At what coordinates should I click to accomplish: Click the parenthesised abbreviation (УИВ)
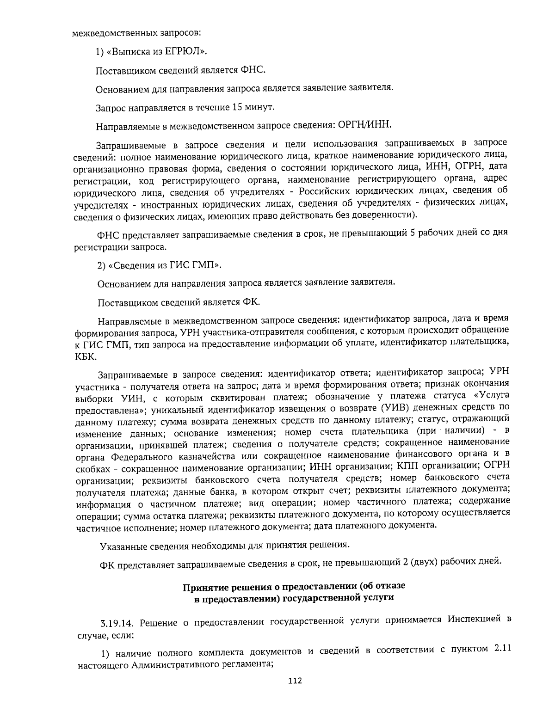(x=395, y=409)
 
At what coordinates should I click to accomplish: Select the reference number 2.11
(x=502, y=649)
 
